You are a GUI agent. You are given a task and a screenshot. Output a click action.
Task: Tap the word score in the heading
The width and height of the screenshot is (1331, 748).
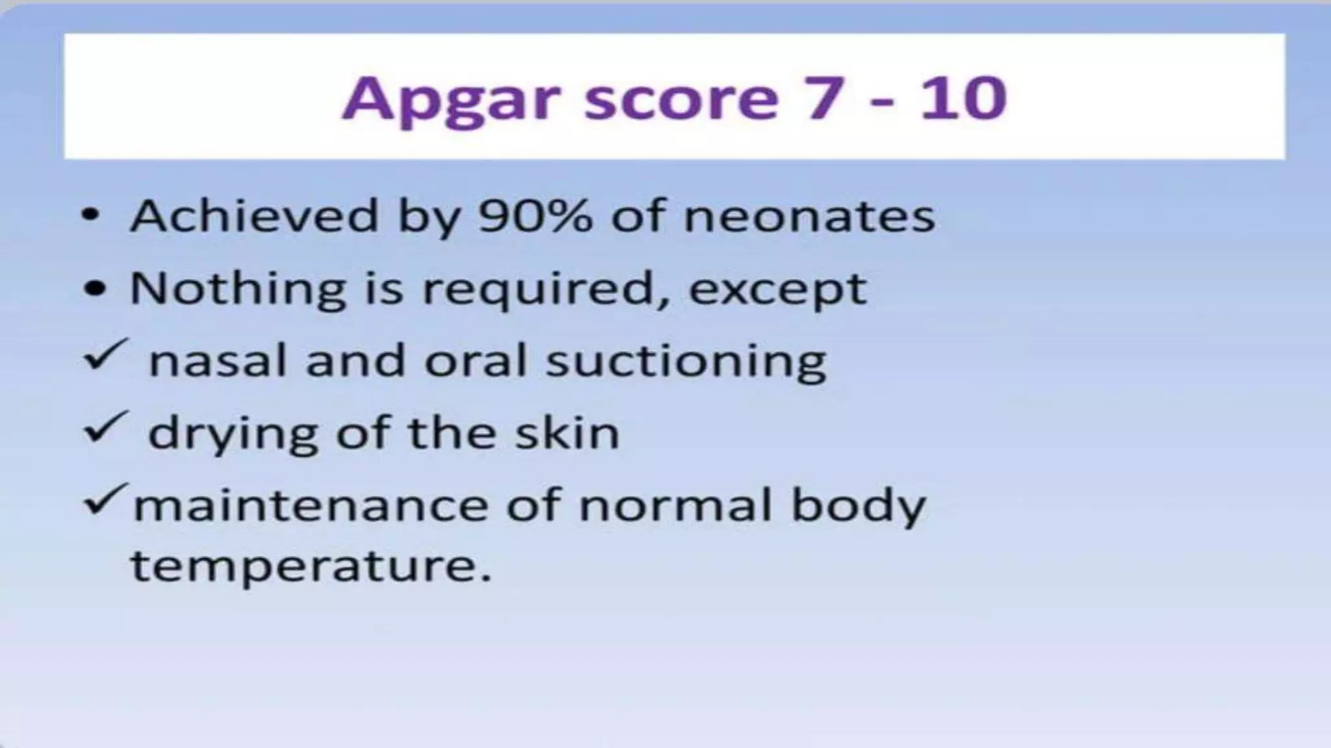tap(680, 99)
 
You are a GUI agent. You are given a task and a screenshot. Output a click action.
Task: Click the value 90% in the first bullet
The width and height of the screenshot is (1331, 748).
tap(535, 216)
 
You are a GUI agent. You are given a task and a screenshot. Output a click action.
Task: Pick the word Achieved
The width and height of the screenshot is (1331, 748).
tap(254, 216)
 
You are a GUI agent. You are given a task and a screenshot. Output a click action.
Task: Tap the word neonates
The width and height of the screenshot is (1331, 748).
tap(809, 217)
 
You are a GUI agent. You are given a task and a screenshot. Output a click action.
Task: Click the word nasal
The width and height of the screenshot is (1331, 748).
tap(218, 360)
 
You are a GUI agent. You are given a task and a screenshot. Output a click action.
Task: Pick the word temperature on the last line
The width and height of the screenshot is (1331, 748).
tap(311, 566)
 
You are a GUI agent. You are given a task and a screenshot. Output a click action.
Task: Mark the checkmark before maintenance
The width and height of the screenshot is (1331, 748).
tap(104, 499)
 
